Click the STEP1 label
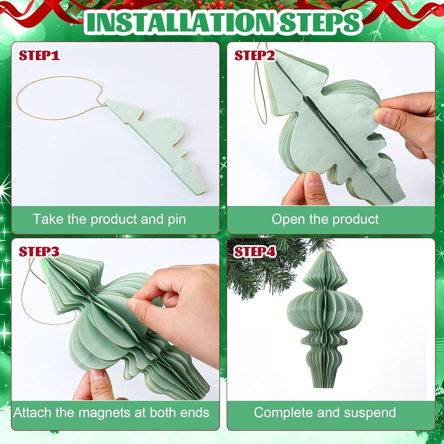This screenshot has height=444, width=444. [39, 55]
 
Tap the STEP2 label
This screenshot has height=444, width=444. [255, 55]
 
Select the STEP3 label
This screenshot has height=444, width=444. [39, 252]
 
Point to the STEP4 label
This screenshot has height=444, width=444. [255, 252]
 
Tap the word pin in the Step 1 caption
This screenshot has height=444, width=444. [176, 220]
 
